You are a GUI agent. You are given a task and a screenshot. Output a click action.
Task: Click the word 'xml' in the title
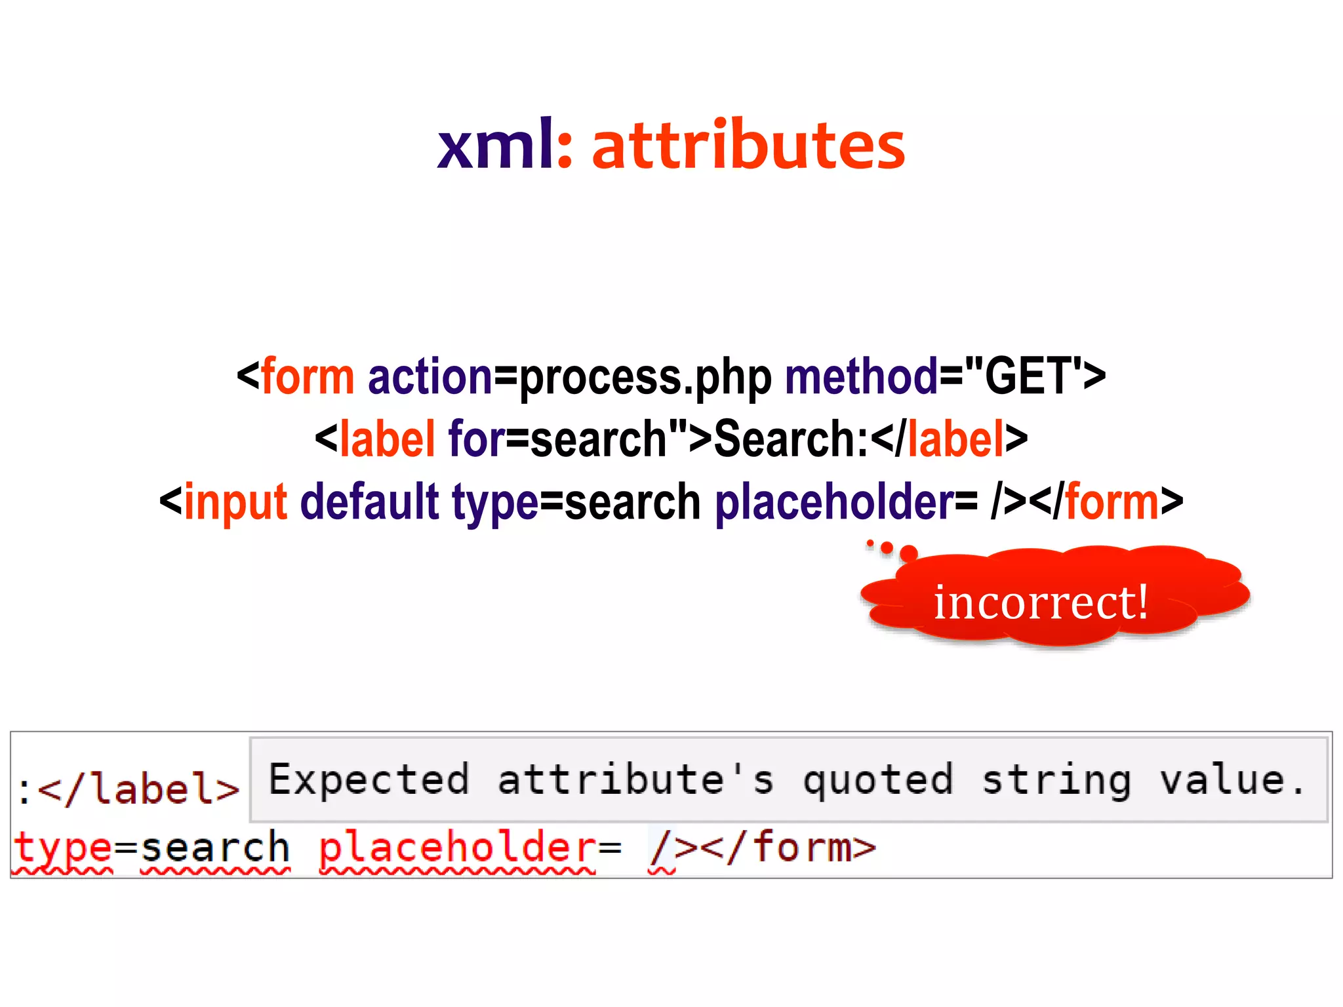pyautogui.click(x=496, y=146)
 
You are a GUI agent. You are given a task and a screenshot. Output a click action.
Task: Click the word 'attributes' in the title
pyautogui.click(x=748, y=146)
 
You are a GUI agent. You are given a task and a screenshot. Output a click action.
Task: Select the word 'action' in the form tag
pyautogui.click(x=430, y=377)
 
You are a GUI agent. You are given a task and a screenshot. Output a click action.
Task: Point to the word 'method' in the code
pyautogui.click(x=862, y=377)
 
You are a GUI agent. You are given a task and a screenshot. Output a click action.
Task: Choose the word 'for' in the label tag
pyautogui.click(x=477, y=439)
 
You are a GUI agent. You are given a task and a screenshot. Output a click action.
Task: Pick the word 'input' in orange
pyautogui.click(x=235, y=502)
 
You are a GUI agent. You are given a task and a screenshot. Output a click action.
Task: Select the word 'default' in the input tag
pyautogui.click(x=369, y=502)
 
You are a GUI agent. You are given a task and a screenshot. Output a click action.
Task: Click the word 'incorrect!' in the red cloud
pyautogui.click(x=1041, y=602)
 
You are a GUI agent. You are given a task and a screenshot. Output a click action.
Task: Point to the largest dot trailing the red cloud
pyautogui.click(x=909, y=553)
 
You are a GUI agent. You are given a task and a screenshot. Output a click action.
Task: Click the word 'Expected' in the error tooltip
pyautogui.click(x=369, y=780)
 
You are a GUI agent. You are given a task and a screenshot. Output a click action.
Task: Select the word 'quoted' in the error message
pyautogui.click(x=878, y=780)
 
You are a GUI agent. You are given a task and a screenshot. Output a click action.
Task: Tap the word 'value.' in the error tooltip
pyautogui.click(x=1232, y=780)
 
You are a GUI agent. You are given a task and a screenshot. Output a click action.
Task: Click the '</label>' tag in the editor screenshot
pyautogui.click(x=138, y=789)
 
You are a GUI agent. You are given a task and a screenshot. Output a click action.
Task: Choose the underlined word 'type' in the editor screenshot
pyautogui.click(x=62, y=848)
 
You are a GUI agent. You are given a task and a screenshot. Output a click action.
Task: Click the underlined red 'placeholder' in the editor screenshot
pyautogui.click(x=457, y=848)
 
